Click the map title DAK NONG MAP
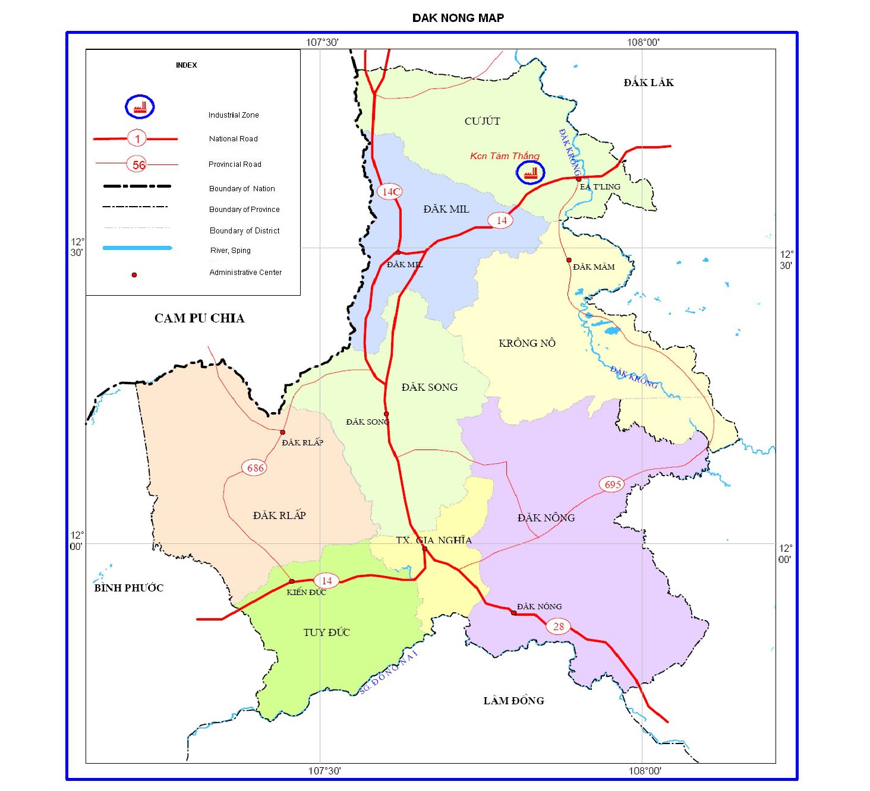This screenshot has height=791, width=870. pos(458,18)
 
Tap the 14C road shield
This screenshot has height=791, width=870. pos(390,191)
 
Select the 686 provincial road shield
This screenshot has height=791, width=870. pos(255,468)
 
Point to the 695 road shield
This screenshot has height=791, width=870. pos(613,485)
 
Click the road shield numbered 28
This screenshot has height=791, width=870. pos(559,627)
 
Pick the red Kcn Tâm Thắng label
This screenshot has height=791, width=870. pos(505,156)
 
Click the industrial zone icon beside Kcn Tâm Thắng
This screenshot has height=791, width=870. pos(530,173)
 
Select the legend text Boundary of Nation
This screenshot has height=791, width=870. pos(242,189)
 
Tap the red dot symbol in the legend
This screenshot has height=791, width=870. pos(134,275)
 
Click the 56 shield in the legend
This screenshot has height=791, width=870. pos(138,165)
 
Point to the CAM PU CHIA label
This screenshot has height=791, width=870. pos(199,318)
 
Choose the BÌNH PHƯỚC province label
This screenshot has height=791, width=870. pos(128,588)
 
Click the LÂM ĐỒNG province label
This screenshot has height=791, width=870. pos(513,701)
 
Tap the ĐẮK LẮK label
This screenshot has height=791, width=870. pos(648,83)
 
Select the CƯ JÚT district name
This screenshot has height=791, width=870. pos(482,121)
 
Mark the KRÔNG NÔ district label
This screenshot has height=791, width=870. pos(527,343)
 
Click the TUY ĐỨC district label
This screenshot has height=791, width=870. pos(326,632)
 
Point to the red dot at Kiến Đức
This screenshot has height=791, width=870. pos(291,581)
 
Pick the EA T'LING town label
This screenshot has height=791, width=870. pos(600,186)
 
